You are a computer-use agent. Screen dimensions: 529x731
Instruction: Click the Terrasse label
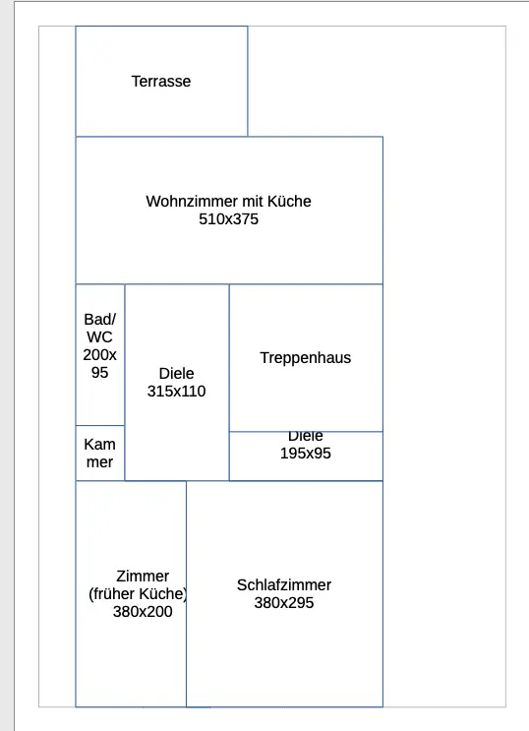tap(161, 81)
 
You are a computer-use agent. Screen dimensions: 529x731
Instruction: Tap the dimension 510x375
tap(228, 219)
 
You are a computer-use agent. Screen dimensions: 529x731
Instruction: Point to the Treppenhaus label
tap(305, 357)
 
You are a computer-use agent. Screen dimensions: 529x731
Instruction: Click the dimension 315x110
tap(176, 392)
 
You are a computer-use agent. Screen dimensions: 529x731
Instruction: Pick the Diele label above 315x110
tap(176, 374)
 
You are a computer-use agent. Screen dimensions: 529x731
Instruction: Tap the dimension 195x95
tap(305, 454)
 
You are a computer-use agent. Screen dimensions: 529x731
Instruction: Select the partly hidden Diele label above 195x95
tap(305, 437)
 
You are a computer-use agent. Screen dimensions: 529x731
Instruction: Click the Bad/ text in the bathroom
tap(99, 320)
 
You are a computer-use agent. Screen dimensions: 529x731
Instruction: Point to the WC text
tap(99, 337)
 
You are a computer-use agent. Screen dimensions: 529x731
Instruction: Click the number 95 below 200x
tap(99, 373)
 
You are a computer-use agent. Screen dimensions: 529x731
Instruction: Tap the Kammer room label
tap(99, 454)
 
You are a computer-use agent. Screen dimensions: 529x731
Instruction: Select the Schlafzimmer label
tap(284, 585)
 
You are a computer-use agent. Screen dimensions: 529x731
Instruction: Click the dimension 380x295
tap(284, 603)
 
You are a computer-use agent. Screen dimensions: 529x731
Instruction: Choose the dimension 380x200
tap(143, 612)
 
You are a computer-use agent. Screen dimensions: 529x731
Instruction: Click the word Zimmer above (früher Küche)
tap(143, 577)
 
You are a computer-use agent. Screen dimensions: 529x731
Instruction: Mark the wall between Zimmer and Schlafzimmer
tap(187, 594)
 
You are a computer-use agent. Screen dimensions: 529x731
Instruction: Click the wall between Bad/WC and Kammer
tap(100, 425)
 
